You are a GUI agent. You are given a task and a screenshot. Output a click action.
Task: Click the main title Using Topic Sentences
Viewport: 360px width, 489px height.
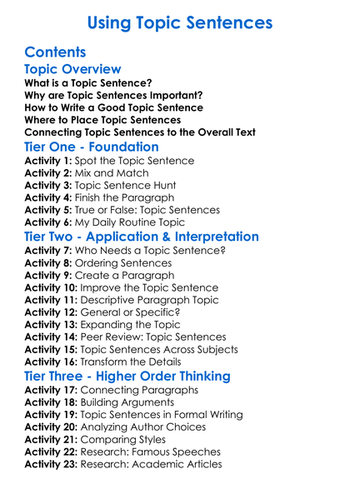tap(180, 21)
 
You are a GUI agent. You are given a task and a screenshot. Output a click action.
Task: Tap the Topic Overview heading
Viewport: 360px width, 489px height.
tap(73, 69)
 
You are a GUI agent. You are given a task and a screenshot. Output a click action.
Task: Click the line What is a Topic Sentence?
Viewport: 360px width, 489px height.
tap(88, 82)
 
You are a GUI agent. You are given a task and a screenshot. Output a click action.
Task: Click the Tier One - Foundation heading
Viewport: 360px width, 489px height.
tap(92, 147)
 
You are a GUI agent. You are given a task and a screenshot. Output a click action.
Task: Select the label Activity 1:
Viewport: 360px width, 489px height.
tap(49, 161)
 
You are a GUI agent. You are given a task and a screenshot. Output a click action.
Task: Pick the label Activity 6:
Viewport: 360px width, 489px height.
tap(49, 223)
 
